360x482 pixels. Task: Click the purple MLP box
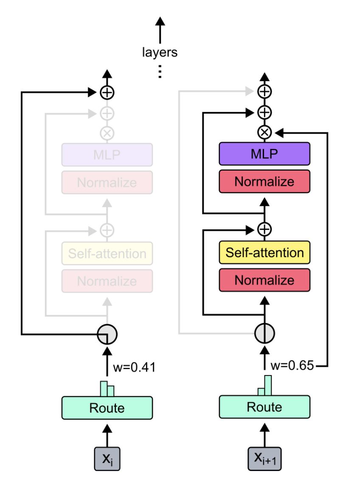tap(264, 154)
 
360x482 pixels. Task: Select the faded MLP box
tap(107, 154)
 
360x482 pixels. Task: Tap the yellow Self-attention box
tap(264, 253)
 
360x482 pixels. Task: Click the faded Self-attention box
tap(107, 254)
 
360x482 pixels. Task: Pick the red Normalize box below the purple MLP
tap(264, 182)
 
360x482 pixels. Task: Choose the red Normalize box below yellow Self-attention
tap(264, 280)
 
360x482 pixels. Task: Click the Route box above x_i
tap(107, 408)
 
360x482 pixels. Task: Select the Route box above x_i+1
tap(264, 407)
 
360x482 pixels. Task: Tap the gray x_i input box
tap(107, 458)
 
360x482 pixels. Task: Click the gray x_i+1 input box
tap(264, 458)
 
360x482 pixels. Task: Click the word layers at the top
tap(160, 53)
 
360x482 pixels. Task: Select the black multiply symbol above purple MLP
tap(264, 133)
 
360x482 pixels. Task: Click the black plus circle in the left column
tap(107, 92)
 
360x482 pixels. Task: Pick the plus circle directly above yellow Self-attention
tap(264, 229)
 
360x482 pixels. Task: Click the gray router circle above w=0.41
tap(107, 334)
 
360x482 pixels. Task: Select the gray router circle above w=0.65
tap(264, 333)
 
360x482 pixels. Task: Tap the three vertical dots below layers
tap(160, 71)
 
